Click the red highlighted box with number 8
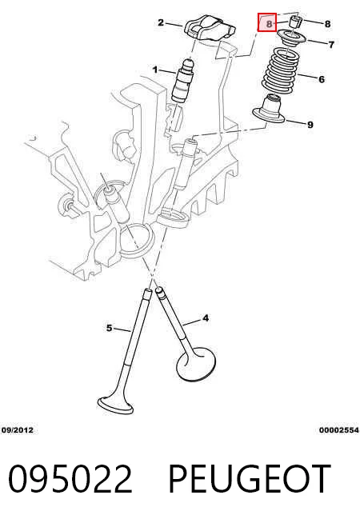[267, 22]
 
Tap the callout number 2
[161, 22]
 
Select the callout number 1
[155, 70]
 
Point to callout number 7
[331, 44]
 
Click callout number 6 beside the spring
[322, 79]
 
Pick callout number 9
[310, 125]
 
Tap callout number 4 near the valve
[206, 318]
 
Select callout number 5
[109, 328]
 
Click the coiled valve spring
[279, 70]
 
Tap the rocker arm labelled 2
[210, 30]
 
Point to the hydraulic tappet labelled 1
[183, 80]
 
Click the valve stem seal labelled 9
[269, 109]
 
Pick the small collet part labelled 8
[296, 22]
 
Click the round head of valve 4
[196, 364]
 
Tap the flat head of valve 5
[115, 405]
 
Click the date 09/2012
[18, 430]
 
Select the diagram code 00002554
[339, 430]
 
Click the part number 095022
[70, 479]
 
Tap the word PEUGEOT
[250, 479]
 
